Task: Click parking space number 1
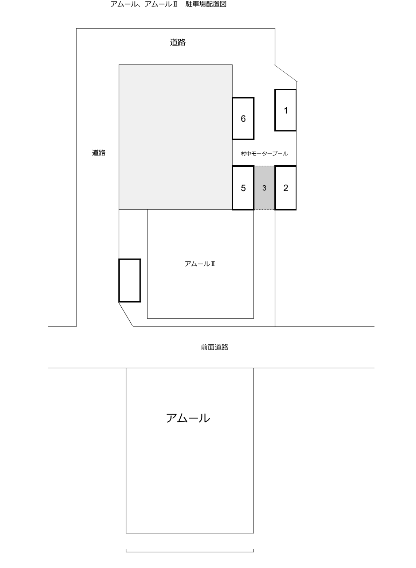(285, 110)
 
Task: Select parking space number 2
(285, 188)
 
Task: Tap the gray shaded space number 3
(264, 188)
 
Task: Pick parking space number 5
(243, 188)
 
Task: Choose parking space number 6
(243, 118)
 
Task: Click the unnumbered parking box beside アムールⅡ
(130, 280)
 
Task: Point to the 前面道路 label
(215, 347)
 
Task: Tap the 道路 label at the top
(177, 42)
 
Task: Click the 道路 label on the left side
(98, 153)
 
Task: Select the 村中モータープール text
(264, 153)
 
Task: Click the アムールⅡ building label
(200, 264)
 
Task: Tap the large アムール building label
(188, 418)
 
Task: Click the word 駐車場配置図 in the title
(206, 4)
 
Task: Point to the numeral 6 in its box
(243, 119)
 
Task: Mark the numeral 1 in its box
(286, 111)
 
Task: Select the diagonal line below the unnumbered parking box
(126, 314)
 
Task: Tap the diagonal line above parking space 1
(286, 73)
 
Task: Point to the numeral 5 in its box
(243, 188)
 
